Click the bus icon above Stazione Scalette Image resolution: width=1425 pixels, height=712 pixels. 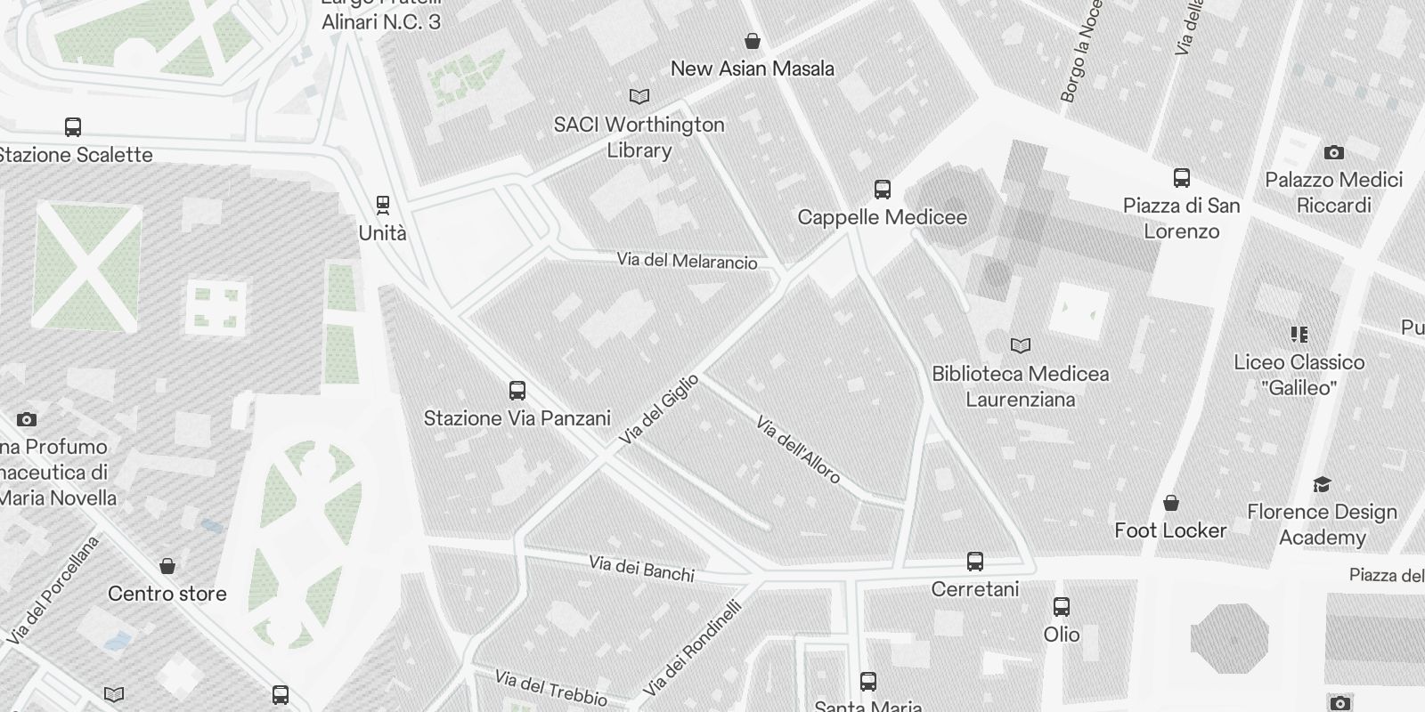73,127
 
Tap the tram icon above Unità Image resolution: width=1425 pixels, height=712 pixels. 383,206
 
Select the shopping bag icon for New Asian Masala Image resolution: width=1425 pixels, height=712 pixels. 753,41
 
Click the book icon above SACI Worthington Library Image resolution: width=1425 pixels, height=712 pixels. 639,96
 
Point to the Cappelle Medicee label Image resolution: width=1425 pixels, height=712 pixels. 882,217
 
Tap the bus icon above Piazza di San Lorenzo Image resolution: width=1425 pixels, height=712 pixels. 1181,178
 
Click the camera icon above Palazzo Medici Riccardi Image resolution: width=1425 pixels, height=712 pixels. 1333,152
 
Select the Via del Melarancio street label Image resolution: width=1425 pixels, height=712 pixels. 688,262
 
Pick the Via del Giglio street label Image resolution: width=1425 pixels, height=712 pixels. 659,409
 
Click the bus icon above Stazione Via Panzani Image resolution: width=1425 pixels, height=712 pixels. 517,390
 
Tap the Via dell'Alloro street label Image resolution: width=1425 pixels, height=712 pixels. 798,449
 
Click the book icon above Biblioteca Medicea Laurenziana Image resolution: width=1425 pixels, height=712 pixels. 1021,345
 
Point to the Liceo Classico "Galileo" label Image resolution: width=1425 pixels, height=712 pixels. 1299,375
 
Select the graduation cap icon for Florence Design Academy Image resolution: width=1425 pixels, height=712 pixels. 1322,484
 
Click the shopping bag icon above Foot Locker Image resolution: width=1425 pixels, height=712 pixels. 1171,504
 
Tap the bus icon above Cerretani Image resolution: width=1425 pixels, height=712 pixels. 975,562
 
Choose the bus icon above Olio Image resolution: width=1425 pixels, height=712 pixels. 1062,607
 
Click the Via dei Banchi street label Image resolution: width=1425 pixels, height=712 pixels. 641,569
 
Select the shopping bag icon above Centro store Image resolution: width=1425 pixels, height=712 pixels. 167,566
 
